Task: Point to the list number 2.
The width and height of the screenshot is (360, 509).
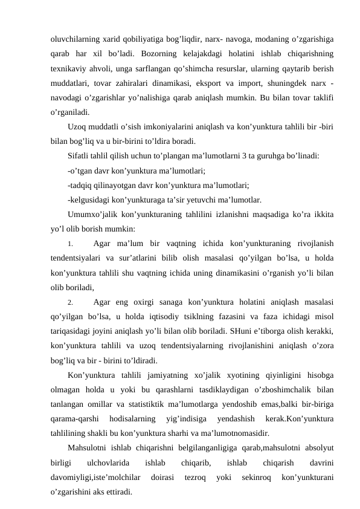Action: pyautogui.click(x=71, y=302)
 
